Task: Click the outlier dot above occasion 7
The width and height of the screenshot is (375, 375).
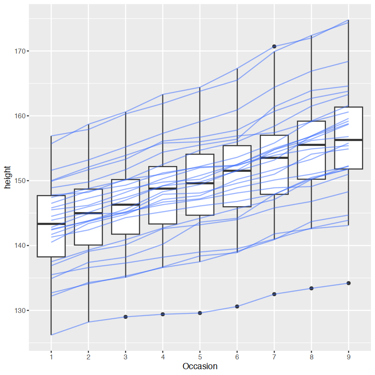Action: [274, 46]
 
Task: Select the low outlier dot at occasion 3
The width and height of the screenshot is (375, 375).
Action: [125, 317]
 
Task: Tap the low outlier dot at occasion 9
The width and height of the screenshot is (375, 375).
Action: [348, 283]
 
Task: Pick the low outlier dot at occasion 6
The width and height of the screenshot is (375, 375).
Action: [237, 306]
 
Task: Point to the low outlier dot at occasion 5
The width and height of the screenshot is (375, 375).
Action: [200, 313]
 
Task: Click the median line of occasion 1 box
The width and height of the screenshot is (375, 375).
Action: [51, 224]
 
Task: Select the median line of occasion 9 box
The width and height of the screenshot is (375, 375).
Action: [348, 140]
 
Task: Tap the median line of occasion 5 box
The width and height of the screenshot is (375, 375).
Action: [200, 183]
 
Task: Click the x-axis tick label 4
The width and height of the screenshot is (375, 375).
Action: [163, 357]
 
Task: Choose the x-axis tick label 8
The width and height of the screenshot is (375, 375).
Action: [311, 357]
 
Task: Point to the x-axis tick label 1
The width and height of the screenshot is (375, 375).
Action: [51, 357]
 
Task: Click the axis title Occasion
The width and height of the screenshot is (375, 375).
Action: [200, 367]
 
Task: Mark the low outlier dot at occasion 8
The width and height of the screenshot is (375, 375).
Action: [311, 288]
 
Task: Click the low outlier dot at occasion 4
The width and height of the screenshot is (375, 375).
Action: [163, 314]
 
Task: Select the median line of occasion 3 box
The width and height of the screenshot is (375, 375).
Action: [125, 204]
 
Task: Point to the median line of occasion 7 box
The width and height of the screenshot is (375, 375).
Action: [274, 158]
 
